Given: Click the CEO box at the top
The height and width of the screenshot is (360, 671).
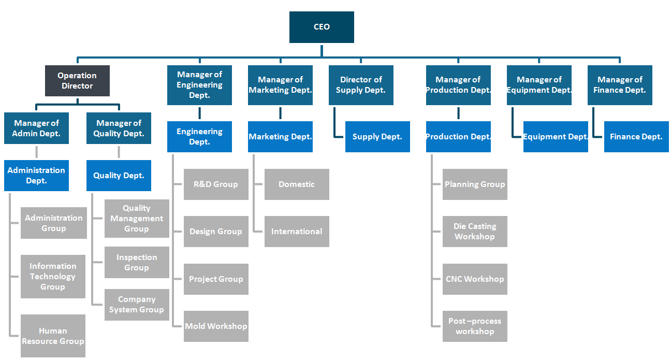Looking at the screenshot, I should pos(322,27).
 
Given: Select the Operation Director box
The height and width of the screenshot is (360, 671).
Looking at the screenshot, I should pos(77,81).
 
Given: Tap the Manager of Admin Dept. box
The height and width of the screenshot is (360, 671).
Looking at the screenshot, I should pos(36,128).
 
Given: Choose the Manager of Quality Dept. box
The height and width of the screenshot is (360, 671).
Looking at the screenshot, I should pos(119,128).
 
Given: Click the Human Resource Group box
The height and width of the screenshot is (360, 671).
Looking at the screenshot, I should pos(53,336).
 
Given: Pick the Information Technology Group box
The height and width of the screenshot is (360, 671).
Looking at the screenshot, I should pos(53,277).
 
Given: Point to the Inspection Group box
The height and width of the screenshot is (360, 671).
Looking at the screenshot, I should pos(137,263).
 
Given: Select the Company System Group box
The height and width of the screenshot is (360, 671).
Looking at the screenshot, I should pos(137,305).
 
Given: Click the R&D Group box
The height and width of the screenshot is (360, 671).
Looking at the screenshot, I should pos(216,184).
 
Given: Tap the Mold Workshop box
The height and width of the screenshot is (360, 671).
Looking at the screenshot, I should pos(216,326).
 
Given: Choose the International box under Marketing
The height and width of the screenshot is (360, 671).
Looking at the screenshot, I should pos(297,232).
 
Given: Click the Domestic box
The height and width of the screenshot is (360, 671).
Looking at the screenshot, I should pos(297,184).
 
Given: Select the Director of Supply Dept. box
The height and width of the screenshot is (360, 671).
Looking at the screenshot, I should pos(361,85).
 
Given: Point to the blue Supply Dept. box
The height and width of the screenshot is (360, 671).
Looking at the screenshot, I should pos(377,137).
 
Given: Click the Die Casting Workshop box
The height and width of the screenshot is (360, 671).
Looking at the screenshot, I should pos(475,232).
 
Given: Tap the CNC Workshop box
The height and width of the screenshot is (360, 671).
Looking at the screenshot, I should pos(475,279).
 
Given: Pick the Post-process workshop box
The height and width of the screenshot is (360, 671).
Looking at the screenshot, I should pos(475,326).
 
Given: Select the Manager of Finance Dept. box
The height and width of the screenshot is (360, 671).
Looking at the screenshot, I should pos(620,85).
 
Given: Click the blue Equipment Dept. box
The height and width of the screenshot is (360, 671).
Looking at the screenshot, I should pos(556,137).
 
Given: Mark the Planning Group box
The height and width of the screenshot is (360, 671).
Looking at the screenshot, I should pos(475,184).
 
